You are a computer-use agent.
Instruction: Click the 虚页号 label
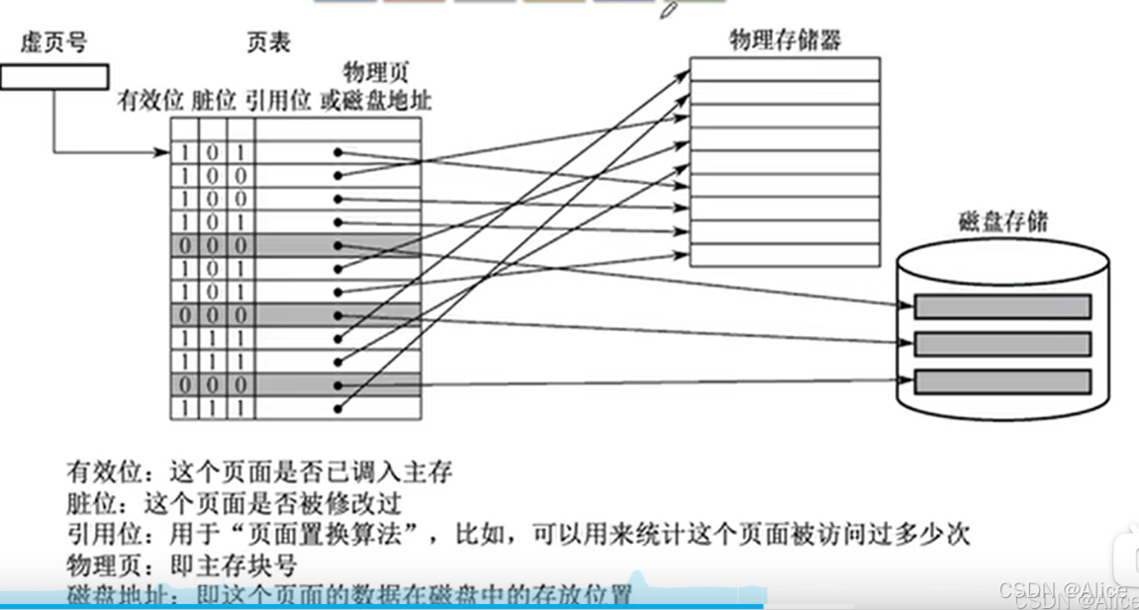point(54,43)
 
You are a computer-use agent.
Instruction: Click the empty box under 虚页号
point(54,76)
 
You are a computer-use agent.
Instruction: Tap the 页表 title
point(268,43)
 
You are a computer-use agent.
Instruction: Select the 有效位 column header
point(151,101)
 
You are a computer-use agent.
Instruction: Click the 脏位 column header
point(215,101)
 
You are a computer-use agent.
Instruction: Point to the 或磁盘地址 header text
point(377,101)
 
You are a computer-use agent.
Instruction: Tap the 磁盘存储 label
point(1002,221)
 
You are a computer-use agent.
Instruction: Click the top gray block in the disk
point(1002,306)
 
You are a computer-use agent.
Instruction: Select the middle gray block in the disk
point(1002,344)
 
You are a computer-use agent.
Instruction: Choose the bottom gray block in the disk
point(1002,381)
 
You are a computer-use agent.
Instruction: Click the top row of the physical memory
point(784,68)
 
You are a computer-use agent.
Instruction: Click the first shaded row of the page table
point(296,244)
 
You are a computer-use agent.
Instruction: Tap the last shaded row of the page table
point(296,385)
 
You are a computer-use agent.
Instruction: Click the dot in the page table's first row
point(338,152)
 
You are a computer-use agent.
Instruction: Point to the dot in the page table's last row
point(338,407)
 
